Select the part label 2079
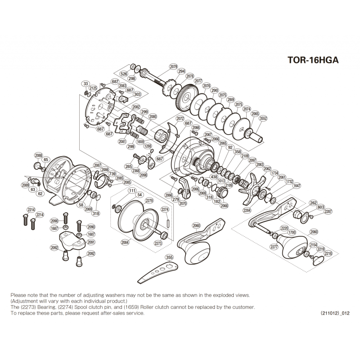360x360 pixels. [174, 67]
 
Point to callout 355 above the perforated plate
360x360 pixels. [169, 257]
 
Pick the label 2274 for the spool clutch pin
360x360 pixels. [165, 209]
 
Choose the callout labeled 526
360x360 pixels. [124, 74]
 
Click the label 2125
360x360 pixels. [93, 88]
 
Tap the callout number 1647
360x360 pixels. [297, 185]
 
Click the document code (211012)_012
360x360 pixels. [335, 312]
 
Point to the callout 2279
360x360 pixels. [149, 201]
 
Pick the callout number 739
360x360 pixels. [112, 174]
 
